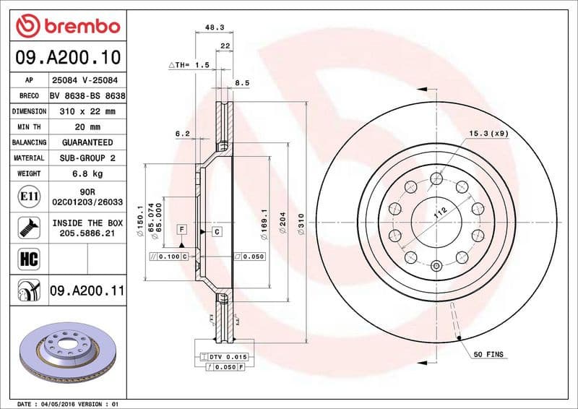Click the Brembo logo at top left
click(67, 26)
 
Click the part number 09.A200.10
click(67, 56)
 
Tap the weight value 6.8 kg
click(87, 173)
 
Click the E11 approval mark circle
click(23, 196)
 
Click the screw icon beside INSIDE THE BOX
click(23, 227)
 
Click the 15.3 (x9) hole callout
click(488, 133)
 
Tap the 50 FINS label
click(489, 355)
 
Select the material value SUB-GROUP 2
click(87, 158)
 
